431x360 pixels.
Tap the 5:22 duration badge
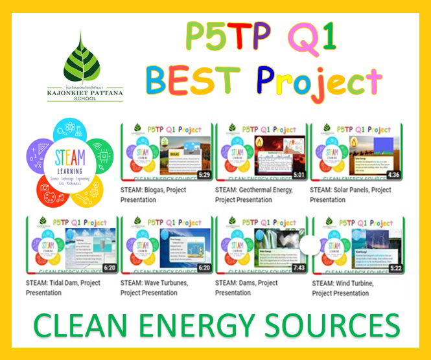coord(393,268)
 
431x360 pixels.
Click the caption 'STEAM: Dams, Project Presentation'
coord(247,288)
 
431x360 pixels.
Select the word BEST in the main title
coord(194,80)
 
